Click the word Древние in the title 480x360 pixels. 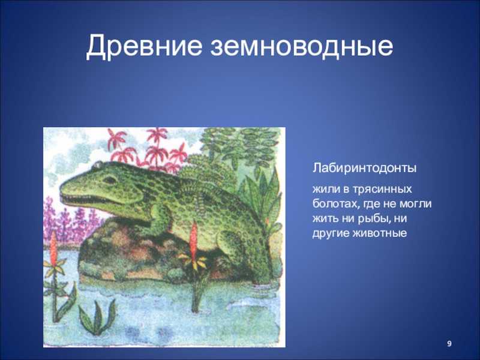pos(144,46)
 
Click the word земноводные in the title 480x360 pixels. pos(302,47)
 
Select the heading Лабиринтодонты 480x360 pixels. pos(364,169)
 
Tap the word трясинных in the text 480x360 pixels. pos(382,189)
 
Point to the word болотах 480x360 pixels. pos(335,203)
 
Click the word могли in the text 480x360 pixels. pos(416,204)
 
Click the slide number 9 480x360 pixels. pos(449,344)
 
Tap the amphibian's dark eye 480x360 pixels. pos(109,179)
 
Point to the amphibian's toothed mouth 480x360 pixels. pos(83,199)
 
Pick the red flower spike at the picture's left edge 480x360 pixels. pos(54,246)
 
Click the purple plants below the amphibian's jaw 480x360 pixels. pos(71,221)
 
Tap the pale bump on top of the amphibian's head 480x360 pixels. pos(98,165)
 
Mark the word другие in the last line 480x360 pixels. pos(331,233)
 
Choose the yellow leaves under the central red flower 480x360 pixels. pos(193,261)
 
